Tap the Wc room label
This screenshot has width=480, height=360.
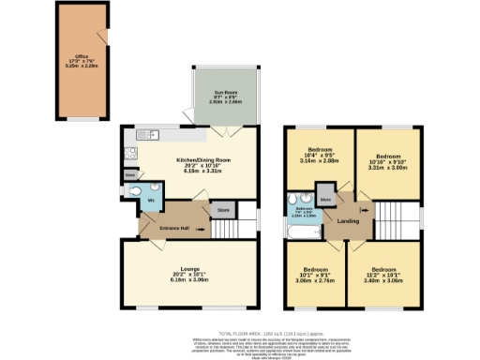pyautogui.click(x=150, y=200)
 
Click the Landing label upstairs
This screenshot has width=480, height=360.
pyautogui.click(x=347, y=221)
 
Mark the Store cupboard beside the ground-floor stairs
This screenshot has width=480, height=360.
pyautogui.click(x=222, y=211)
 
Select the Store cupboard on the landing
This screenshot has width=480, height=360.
pyautogui.click(x=325, y=199)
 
